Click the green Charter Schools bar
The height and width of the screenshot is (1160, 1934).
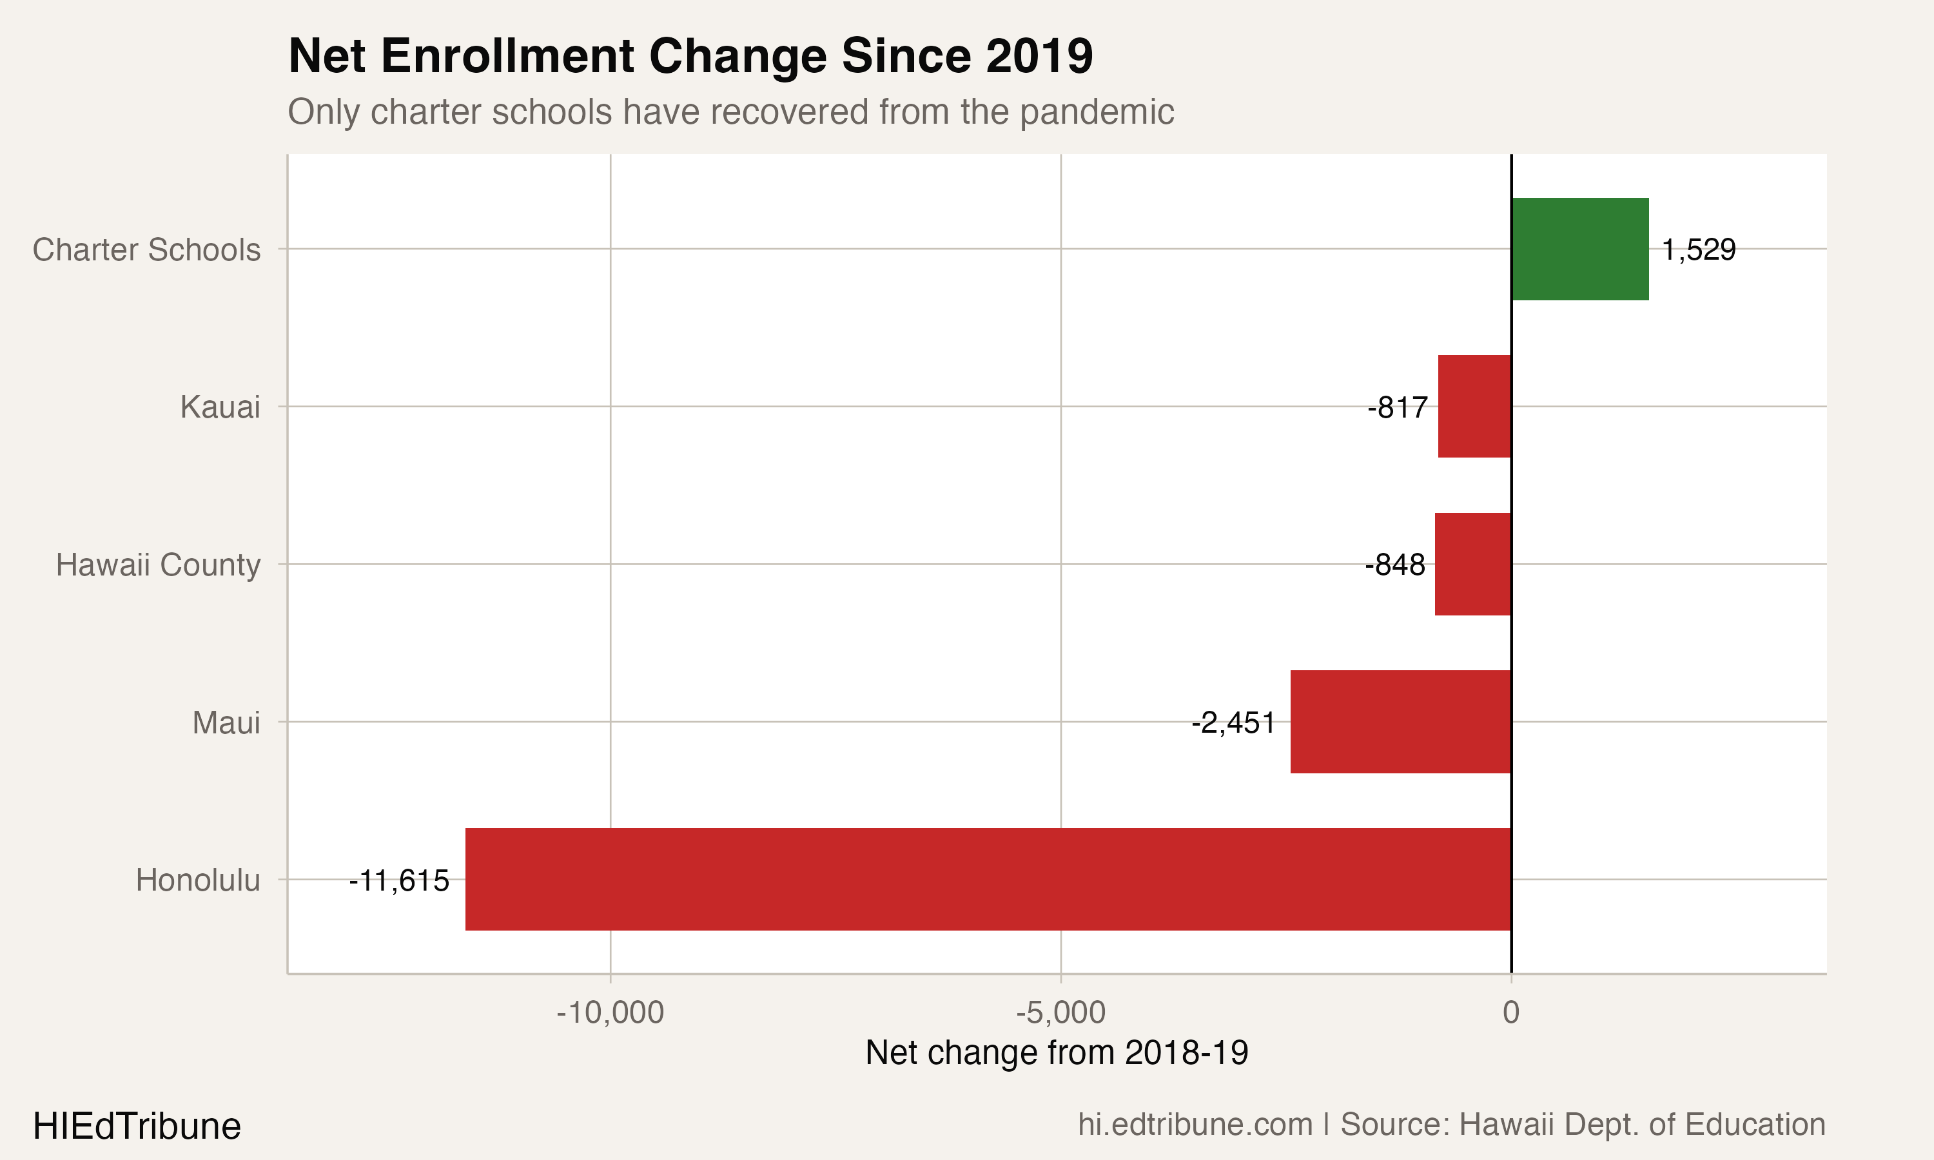pos(1580,249)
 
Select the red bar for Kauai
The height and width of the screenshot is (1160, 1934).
pos(1474,407)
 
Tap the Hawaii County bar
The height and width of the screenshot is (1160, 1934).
pos(1473,564)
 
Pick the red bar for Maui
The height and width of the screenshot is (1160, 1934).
pos(1400,722)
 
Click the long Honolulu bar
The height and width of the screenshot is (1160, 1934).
pos(988,880)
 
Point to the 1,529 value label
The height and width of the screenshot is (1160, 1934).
pos(1698,250)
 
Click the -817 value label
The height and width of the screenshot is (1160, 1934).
pos(1398,407)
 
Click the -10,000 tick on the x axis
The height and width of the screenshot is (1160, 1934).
pos(610,1012)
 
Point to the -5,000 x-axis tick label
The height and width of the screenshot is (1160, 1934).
pos(1061,1012)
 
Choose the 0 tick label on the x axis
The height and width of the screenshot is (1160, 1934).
pos(1511,1012)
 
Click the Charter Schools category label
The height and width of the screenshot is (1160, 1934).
pos(146,250)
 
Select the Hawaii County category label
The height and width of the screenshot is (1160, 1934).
pos(158,565)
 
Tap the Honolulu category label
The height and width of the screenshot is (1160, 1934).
pos(198,880)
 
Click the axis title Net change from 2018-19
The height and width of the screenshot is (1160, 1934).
pos(1057,1053)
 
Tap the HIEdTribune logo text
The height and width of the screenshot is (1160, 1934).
pos(137,1126)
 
